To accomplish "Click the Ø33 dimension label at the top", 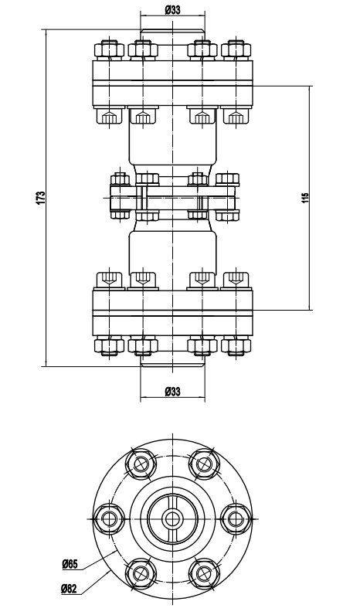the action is [172, 10].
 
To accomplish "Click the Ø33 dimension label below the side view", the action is [172, 391].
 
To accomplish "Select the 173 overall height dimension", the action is [41, 197].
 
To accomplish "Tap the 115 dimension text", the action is [305, 198].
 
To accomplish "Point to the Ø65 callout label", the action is [70, 565].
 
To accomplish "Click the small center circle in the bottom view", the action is [172, 519].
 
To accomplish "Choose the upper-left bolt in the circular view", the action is [141, 465].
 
